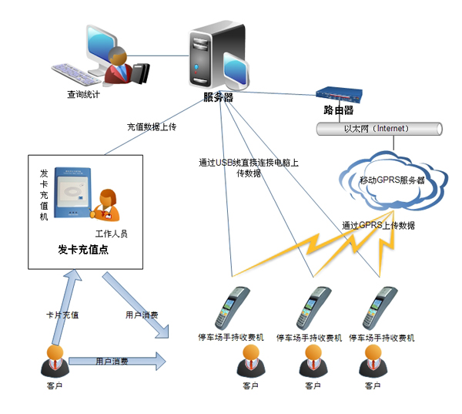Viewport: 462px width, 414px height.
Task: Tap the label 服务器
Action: pos(218,97)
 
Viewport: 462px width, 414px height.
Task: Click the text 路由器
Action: pos(339,110)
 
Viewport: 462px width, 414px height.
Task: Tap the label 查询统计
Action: pos(83,95)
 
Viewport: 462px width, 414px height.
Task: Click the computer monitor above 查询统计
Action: pos(95,55)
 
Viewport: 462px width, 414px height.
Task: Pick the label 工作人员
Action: pos(112,233)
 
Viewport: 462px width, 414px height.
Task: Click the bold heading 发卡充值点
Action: pos(84,250)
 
